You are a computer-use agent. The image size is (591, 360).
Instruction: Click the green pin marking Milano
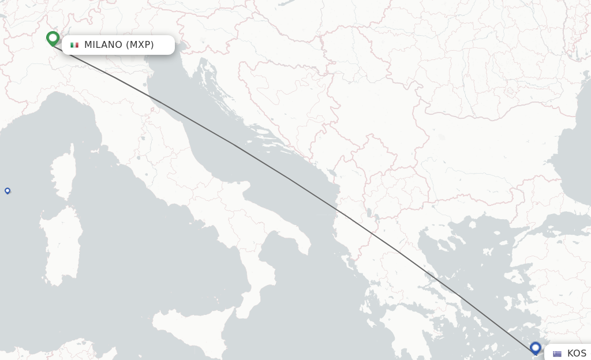click(53, 38)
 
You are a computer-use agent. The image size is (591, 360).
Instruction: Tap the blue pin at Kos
click(536, 348)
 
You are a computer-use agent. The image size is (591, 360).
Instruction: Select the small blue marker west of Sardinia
click(8, 190)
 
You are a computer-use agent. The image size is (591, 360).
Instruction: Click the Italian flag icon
click(74, 45)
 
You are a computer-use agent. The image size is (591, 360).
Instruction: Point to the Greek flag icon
click(557, 354)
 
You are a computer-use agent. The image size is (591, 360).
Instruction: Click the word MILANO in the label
click(103, 45)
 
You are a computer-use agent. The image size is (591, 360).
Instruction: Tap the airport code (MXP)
click(140, 45)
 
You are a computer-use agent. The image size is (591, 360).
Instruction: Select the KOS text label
click(577, 354)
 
